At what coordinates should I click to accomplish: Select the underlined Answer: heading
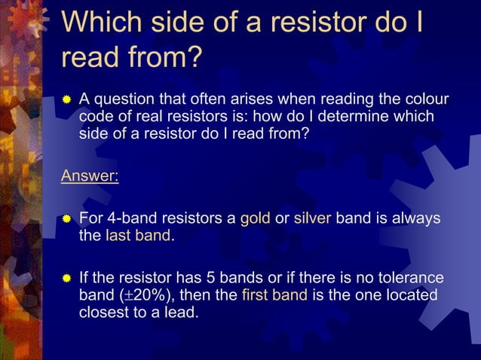(90, 177)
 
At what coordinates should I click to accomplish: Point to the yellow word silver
(312, 219)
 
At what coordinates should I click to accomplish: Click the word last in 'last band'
(119, 236)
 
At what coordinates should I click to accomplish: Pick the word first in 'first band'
(258, 294)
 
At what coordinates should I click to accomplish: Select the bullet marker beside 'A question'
(66, 99)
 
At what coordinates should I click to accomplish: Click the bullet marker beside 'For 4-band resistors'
(66, 219)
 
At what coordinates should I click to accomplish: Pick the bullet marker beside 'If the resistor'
(66, 277)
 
